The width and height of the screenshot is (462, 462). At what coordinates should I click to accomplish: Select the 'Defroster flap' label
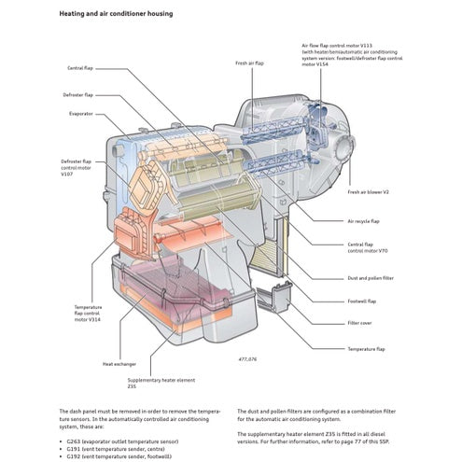point(77,94)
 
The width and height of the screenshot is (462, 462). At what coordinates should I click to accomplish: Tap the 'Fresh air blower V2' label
point(367,191)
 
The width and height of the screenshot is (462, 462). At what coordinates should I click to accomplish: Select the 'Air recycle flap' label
point(363,222)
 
